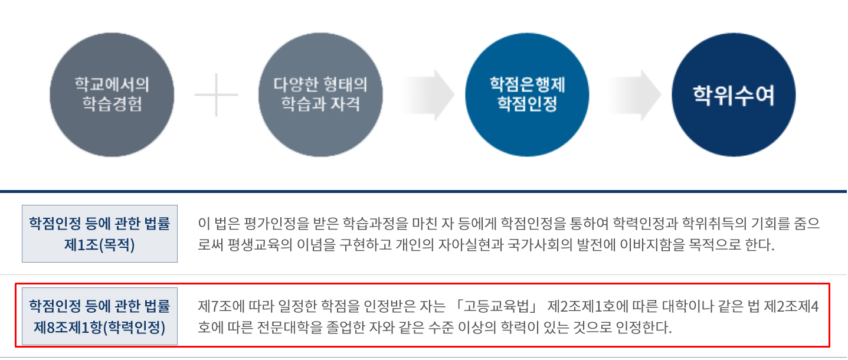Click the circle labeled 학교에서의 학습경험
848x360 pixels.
(x=112, y=94)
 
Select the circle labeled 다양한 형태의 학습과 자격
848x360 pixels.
(x=320, y=94)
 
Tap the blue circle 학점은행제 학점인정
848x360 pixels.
(x=527, y=94)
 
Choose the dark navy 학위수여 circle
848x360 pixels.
(x=734, y=94)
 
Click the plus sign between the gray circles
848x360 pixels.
(x=216, y=94)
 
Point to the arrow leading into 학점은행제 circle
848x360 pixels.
(x=428, y=94)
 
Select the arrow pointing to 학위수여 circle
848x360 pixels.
(x=635, y=94)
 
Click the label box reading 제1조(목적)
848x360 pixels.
(x=100, y=234)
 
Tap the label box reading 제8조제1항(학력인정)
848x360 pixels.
(x=100, y=316)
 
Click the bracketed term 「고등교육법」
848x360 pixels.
(x=496, y=307)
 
